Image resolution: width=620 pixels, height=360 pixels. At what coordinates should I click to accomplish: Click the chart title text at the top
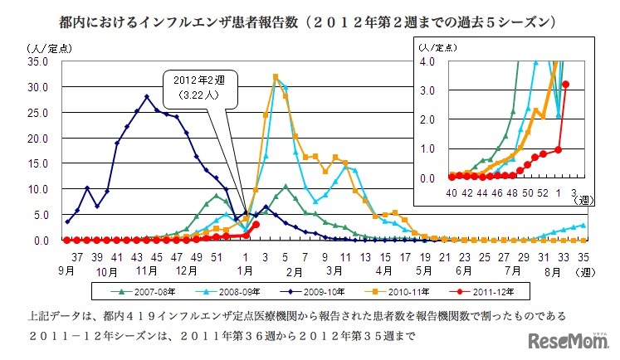(309, 17)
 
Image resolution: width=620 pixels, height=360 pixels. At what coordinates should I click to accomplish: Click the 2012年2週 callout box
(198, 87)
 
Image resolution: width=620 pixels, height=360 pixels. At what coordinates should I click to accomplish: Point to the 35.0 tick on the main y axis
(38, 61)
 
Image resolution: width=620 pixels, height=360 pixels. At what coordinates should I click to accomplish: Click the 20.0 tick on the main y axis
(38, 138)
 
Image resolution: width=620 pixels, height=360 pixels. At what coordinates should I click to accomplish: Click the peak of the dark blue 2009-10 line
(146, 96)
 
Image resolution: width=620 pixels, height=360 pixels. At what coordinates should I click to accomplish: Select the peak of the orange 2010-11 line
(275, 76)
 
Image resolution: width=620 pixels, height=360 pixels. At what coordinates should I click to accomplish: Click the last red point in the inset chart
(566, 84)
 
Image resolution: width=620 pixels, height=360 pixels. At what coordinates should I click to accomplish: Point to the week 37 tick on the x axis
(76, 257)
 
